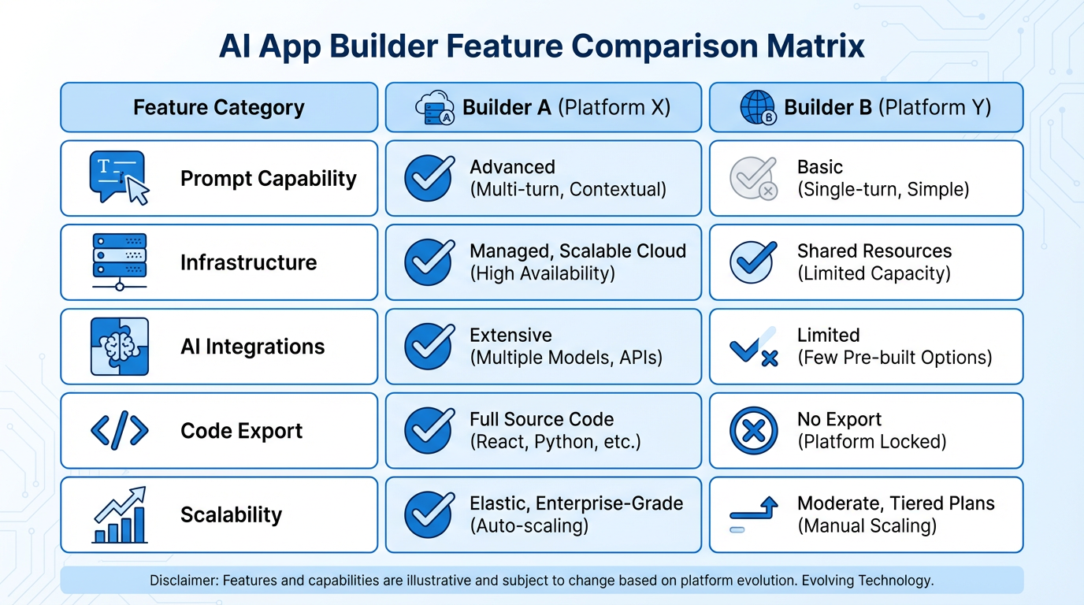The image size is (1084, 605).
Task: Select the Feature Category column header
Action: click(x=218, y=107)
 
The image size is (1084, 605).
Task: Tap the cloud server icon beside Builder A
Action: click(x=434, y=108)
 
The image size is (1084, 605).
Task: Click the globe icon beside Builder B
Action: click(x=757, y=108)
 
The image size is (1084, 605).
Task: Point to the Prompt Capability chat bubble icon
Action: click(x=119, y=178)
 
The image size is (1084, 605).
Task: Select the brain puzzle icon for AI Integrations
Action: click(x=119, y=347)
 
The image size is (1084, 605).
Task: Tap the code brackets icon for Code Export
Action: click(x=119, y=431)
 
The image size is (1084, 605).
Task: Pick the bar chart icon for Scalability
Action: click(x=119, y=515)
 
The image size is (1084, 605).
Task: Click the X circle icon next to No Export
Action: click(x=753, y=431)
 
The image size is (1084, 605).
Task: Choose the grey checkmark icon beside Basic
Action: click(x=753, y=178)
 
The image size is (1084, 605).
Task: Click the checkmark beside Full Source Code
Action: click(x=429, y=431)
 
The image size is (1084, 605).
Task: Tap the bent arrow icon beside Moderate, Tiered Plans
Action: click(x=753, y=514)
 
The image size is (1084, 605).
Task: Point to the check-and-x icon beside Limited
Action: click(x=753, y=347)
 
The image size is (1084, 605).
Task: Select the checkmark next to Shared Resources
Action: click(x=753, y=262)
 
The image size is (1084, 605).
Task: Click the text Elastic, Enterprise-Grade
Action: click(x=576, y=503)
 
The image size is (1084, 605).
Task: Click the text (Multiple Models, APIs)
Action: click(x=566, y=358)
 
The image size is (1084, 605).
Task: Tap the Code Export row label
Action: click(x=241, y=431)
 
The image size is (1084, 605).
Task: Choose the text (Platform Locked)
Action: click(x=871, y=442)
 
